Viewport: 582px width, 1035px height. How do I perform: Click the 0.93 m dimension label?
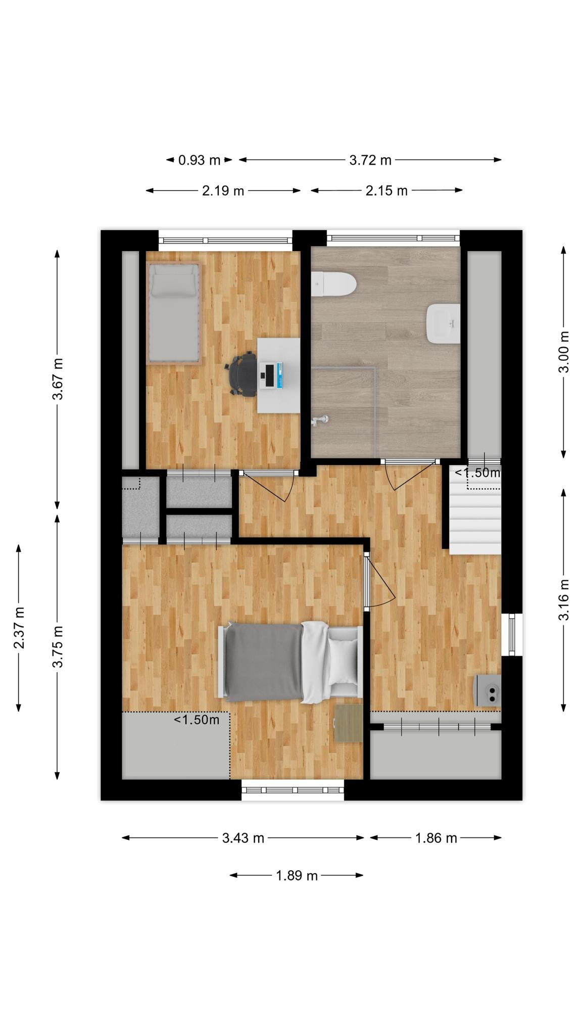point(199,160)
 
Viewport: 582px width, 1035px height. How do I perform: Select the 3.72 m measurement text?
point(370,160)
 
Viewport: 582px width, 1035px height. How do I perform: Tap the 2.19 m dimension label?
point(223,191)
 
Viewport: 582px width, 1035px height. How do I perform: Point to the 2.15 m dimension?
point(386,191)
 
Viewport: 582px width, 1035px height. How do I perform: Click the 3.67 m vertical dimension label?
point(58,379)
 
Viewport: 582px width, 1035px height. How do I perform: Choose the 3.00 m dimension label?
point(564,352)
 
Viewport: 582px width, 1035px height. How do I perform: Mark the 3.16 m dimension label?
point(564,600)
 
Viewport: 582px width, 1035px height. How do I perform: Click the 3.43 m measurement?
point(244,838)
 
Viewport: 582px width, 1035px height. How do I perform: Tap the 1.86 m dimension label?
point(436,838)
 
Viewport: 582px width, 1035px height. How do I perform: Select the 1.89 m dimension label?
point(297,875)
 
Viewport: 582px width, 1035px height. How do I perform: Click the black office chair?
point(242,374)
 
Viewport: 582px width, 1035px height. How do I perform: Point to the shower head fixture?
point(320,420)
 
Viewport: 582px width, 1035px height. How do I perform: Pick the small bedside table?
point(349,723)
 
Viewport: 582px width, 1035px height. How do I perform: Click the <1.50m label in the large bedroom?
point(197,720)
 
